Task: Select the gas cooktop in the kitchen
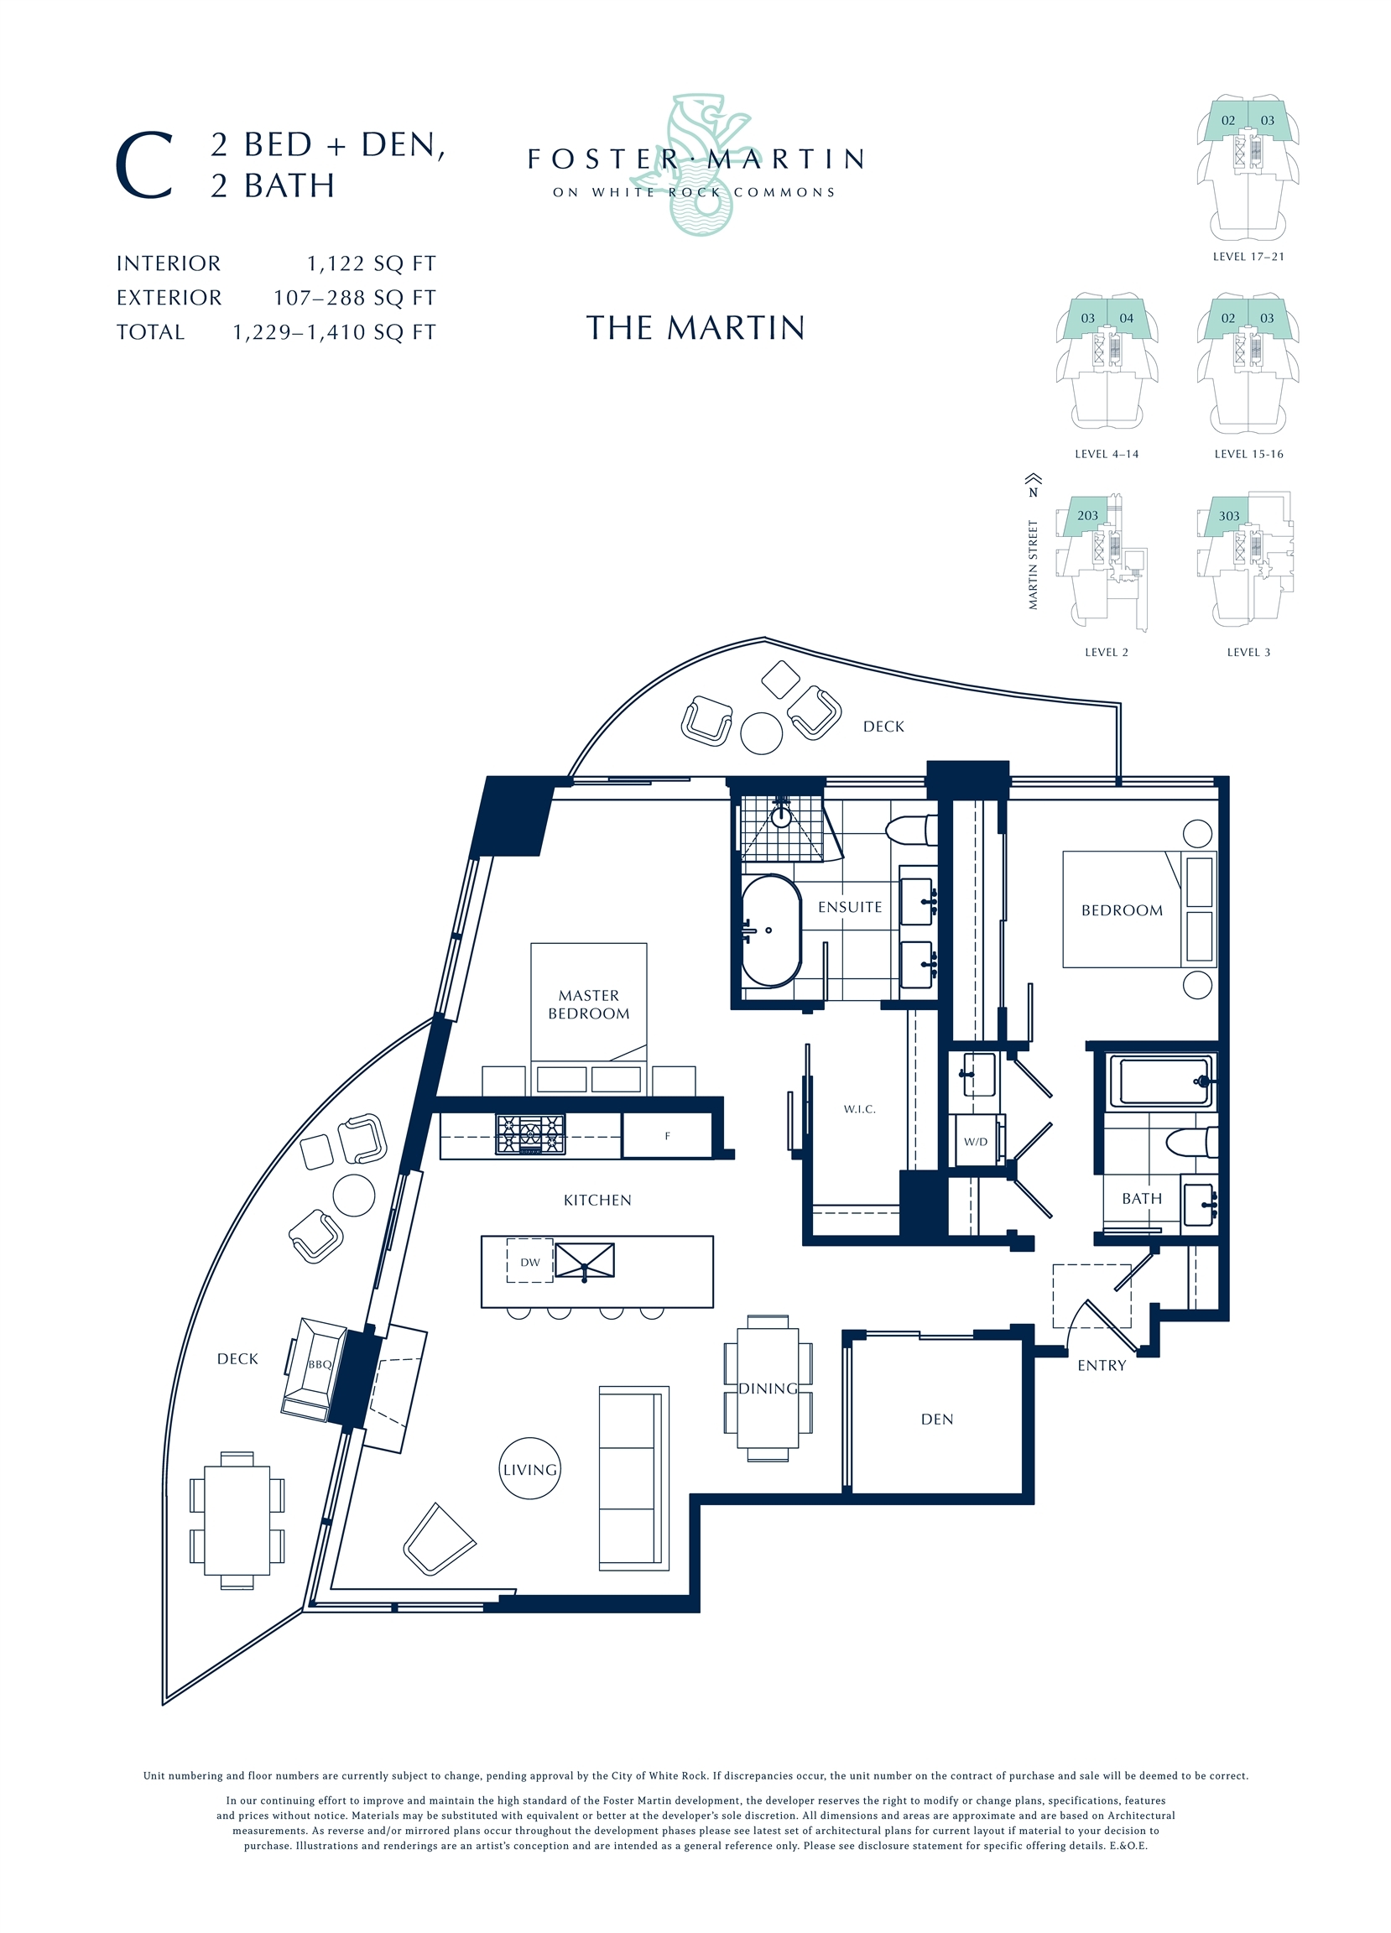point(530,1135)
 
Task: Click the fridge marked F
point(667,1136)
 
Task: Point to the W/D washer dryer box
point(976,1141)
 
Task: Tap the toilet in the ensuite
point(910,829)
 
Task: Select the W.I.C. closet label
point(859,1109)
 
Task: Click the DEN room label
point(937,1419)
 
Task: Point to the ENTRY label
point(1102,1365)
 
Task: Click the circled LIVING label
point(530,1469)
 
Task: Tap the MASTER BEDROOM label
point(589,1004)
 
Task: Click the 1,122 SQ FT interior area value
point(372,263)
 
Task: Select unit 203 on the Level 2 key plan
point(1086,516)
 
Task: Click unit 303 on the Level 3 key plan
point(1228,517)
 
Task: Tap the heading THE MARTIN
point(695,328)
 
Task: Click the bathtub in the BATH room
point(1159,1081)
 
